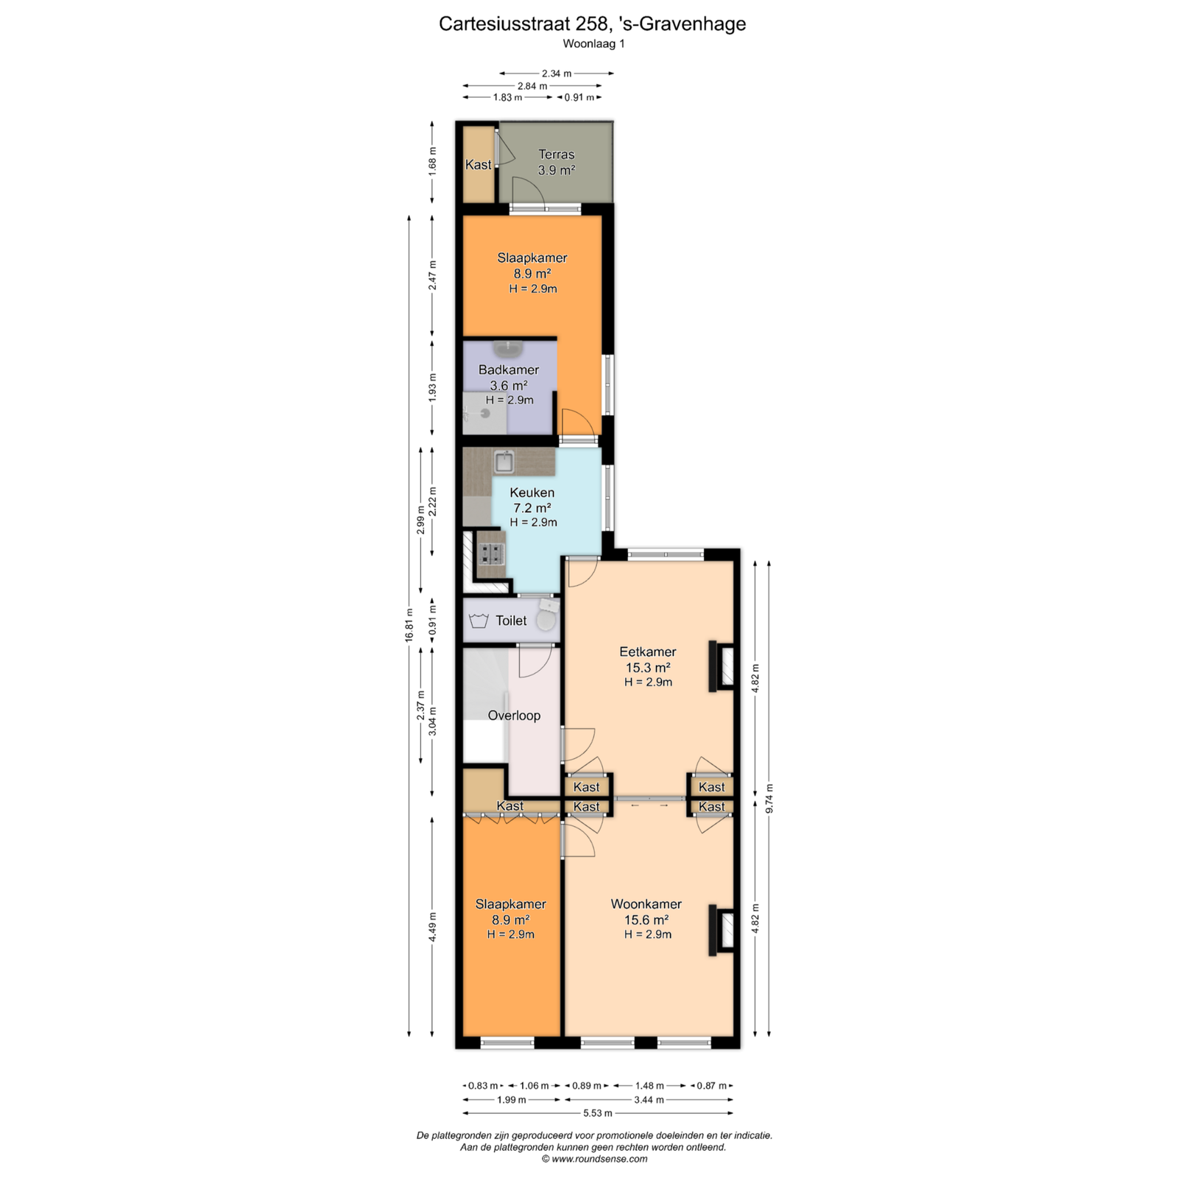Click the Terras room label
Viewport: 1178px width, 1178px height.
click(556, 155)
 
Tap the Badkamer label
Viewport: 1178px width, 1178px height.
click(509, 370)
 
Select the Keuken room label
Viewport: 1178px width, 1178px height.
click(532, 493)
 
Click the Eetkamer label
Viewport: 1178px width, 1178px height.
click(648, 652)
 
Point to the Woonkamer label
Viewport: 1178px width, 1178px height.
click(646, 904)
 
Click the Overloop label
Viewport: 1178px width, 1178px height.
click(514, 716)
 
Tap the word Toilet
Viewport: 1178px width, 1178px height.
click(511, 621)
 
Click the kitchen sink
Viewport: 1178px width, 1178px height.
click(504, 462)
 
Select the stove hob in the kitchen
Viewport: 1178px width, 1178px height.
click(491, 553)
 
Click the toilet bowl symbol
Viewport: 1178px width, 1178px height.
click(546, 618)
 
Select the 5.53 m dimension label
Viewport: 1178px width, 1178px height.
click(598, 1113)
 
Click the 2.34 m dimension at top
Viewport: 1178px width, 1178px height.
click(557, 74)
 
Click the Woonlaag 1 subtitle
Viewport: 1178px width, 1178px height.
click(593, 43)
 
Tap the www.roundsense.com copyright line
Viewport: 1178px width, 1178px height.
click(595, 1159)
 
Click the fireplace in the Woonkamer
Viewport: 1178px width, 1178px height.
click(722, 930)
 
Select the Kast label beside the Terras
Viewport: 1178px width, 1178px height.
click(479, 165)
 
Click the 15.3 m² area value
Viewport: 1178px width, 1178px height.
click(648, 668)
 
